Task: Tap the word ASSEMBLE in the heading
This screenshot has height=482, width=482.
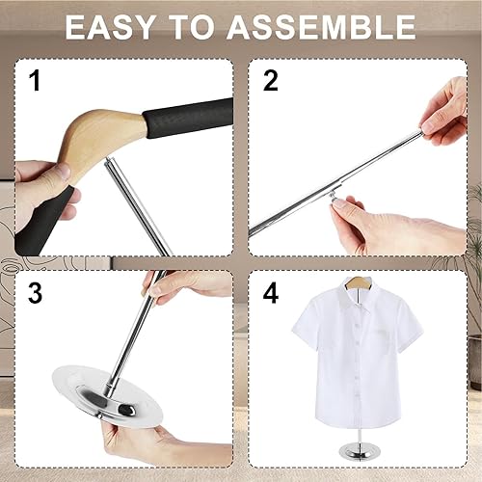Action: coord(322,27)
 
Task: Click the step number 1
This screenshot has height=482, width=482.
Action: coord(35,81)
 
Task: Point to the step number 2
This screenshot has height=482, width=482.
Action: coord(270,81)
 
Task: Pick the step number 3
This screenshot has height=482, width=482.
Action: coord(35,293)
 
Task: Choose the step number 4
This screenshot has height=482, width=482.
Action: coord(271,293)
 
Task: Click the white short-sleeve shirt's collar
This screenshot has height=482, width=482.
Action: coord(358,294)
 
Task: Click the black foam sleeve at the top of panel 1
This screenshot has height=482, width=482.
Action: coord(188,119)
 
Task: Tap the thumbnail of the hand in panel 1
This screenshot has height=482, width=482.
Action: coord(65,171)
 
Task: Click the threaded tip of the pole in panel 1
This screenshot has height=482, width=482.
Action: coord(110,161)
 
